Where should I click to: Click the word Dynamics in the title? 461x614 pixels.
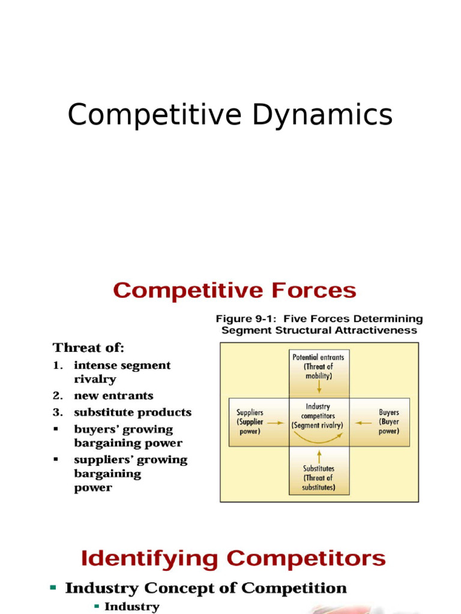pyautogui.click(x=322, y=116)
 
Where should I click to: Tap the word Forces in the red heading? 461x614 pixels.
pyautogui.click(x=309, y=291)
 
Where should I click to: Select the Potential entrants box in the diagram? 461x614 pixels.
pyautogui.click(x=318, y=366)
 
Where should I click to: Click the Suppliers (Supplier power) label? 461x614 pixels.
pyautogui.click(x=250, y=422)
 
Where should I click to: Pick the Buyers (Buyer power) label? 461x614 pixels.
pyautogui.click(x=388, y=422)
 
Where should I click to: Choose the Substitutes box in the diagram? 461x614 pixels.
pyautogui.click(x=319, y=478)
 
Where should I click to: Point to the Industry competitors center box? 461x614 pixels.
pyautogui.click(x=318, y=416)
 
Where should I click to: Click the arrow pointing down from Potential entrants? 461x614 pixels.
pyautogui.click(x=319, y=387)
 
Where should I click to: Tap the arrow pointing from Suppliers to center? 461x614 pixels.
pyautogui.click(x=276, y=422)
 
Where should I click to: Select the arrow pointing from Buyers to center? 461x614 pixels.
pyautogui.click(x=363, y=422)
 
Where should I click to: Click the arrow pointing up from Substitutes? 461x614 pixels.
pyautogui.click(x=319, y=455)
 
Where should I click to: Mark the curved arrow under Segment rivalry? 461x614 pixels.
pyautogui.click(x=319, y=440)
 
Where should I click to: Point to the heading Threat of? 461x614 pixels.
pyautogui.click(x=88, y=348)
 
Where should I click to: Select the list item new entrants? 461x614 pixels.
pyautogui.click(x=113, y=396)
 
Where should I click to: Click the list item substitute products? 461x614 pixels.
pyautogui.click(x=133, y=413)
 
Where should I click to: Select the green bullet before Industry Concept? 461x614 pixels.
pyautogui.click(x=53, y=588)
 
